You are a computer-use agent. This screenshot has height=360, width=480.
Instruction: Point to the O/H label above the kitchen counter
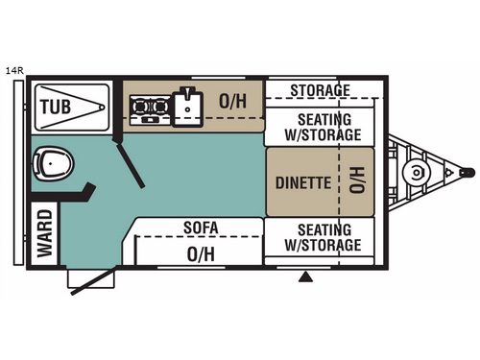pos(231,100)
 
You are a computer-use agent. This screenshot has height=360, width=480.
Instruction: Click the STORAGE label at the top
pos(319,91)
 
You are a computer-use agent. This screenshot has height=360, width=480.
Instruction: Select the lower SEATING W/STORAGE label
pos(323,237)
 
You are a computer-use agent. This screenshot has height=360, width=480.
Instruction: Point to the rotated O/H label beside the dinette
pos(356,181)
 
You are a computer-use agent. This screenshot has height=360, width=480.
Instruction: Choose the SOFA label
pos(202,228)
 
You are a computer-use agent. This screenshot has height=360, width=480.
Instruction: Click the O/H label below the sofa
pos(201,253)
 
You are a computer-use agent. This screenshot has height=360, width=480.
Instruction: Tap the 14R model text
pos(13,70)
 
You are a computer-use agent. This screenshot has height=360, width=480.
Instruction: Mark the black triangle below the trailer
pos(306,277)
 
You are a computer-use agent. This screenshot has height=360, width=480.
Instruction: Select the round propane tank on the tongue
pos(416,174)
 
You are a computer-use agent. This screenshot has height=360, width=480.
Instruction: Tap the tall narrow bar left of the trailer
pos(12,173)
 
